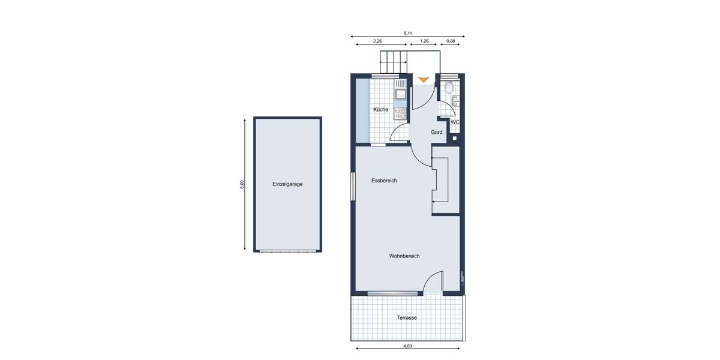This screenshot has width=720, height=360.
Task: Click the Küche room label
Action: pos(380,110)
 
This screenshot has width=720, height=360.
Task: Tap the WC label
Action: pos(455,122)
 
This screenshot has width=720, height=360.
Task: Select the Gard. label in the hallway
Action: pos(437,132)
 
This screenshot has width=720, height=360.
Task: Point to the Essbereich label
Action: pos(384,181)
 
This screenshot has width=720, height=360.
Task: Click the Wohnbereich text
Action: pos(404,256)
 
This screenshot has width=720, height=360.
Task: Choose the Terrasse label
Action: pos(406,317)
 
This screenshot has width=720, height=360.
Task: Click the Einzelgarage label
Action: pos(287,184)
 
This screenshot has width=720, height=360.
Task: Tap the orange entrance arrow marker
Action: pos(424,79)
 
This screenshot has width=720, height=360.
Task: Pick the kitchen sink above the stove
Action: pos(400,94)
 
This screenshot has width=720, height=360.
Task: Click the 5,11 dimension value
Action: pos(408,33)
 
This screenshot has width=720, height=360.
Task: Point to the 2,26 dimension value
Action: pos(377,41)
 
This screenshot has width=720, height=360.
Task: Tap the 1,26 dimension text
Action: pos(424,41)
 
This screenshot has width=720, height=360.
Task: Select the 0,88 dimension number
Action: pos(452,41)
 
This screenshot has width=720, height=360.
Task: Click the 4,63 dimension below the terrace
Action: pos(407,346)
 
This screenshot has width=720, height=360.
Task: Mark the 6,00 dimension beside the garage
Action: pos(242,184)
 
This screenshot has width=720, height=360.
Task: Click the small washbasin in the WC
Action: pos(456,101)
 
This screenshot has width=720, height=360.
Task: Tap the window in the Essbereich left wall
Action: pos(353,187)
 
